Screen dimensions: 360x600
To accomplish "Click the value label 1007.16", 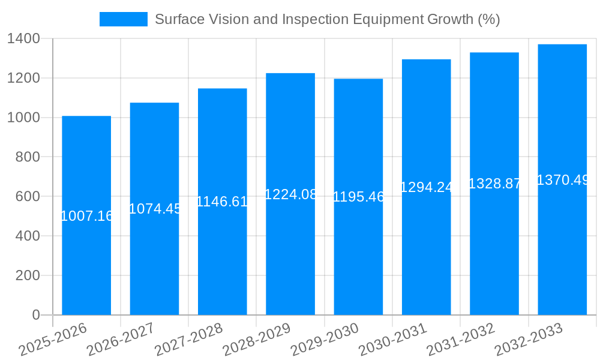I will [86, 216].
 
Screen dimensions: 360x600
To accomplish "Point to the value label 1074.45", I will [155, 209].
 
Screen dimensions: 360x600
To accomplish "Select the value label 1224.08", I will [290, 194].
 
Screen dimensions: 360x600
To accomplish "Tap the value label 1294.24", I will [427, 187].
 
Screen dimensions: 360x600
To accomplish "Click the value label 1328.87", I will [494, 184].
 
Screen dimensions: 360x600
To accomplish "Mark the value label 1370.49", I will [562, 180].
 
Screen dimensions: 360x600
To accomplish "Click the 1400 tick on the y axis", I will [23, 39].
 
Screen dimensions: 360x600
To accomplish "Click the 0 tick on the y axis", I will [35, 315].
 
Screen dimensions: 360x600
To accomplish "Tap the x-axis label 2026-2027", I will [121, 339].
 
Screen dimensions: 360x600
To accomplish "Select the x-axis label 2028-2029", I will [257, 339].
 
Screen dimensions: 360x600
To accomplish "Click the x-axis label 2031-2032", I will [461, 339].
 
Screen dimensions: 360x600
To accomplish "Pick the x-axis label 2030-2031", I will [393, 339].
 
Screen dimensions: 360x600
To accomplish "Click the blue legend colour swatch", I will [123, 19].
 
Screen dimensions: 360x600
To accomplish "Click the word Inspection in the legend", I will [320, 19].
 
